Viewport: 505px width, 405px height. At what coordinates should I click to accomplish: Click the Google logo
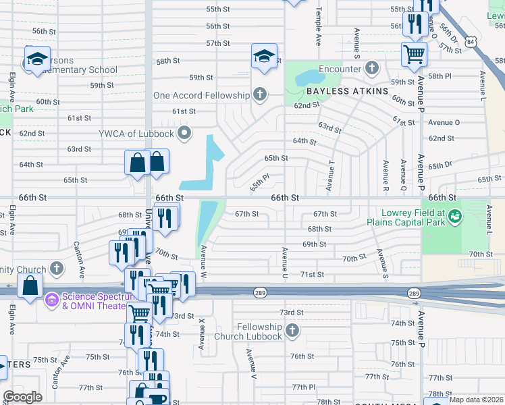click(x=23, y=397)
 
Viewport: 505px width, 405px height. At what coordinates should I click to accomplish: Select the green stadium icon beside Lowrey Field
click(x=456, y=216)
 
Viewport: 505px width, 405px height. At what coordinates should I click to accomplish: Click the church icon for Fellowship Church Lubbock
click(x=292, y=331)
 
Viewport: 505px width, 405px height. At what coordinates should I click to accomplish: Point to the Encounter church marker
click(x=371, y=68)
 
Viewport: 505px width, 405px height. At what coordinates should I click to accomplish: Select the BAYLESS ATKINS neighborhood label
click(x=348, y=90)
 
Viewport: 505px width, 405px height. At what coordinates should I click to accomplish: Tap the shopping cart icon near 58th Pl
click(x=414, y=53)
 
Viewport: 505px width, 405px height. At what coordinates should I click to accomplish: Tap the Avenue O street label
click(x=444, y=122)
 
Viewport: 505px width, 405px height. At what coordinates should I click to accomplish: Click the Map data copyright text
click(x=477, y=400)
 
